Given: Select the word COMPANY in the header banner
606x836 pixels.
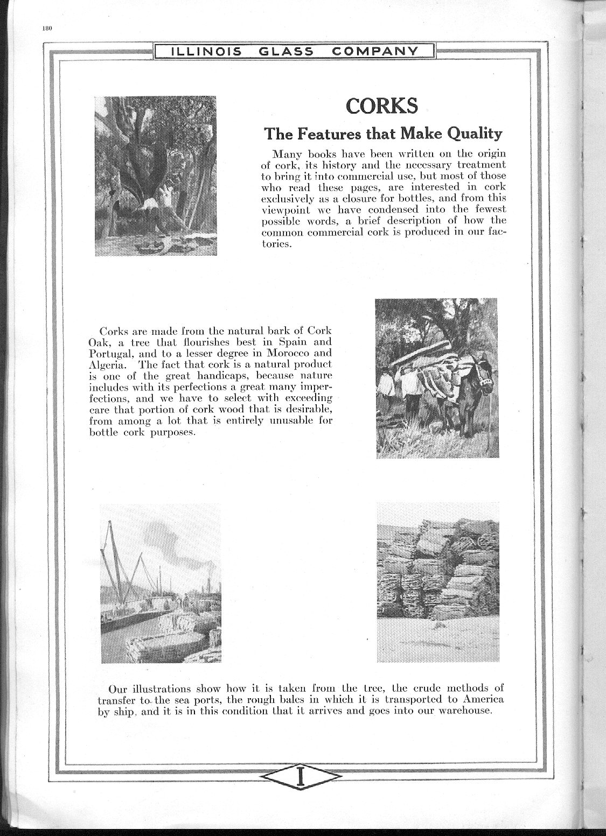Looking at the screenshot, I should (375, 51).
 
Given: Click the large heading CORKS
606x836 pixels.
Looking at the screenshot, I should (381, 106).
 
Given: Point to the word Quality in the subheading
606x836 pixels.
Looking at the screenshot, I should (475, 134).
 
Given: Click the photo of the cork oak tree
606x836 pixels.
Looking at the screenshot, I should (155, 176).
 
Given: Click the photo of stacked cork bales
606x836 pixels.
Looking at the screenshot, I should (437, 581).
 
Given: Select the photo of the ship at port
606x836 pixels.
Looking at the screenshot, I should (161, 583).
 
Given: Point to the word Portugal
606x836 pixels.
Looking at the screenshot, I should (106, 353).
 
